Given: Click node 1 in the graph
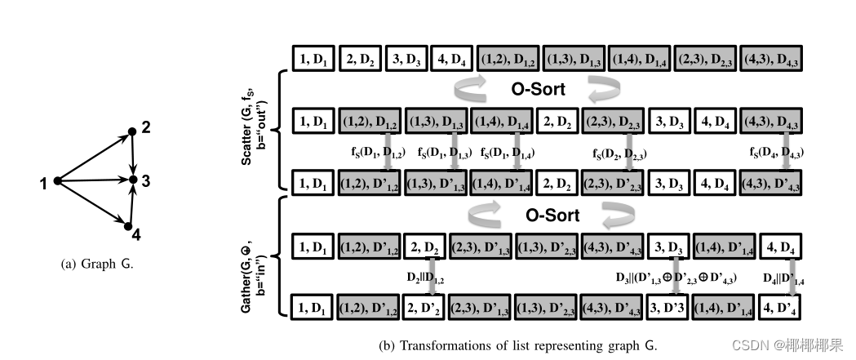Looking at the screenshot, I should [57, 180].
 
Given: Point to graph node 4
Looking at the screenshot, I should [129, 225].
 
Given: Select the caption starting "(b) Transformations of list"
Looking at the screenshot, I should [517, 345].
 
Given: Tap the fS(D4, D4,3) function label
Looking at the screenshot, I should [781, 153].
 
